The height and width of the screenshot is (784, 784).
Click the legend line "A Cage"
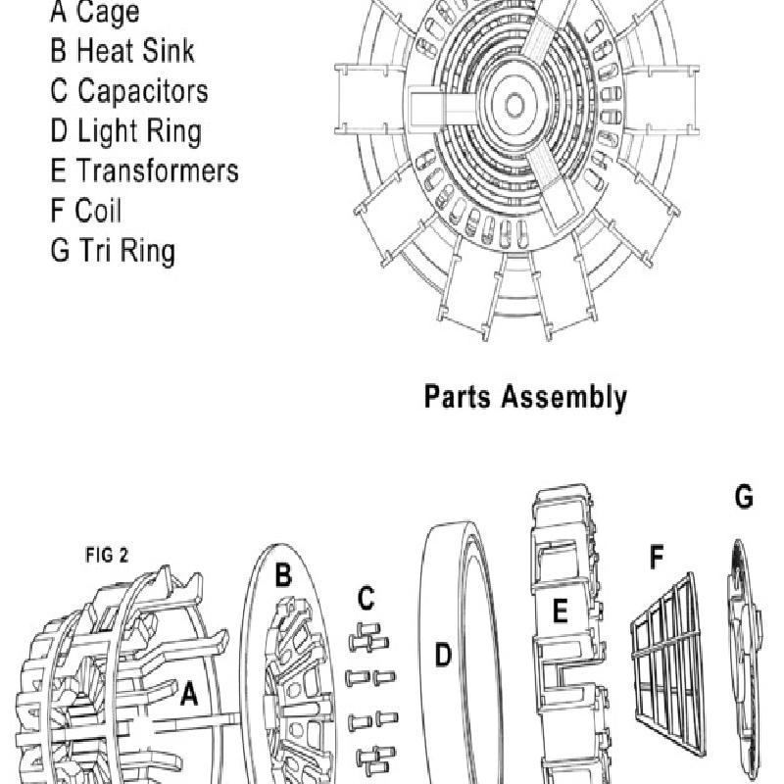(x=94, y=13)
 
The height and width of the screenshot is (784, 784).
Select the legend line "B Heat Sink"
(x=122, y=50)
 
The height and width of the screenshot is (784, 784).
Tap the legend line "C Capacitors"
(x=129, y=91)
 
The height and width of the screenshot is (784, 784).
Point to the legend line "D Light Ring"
(x=125, y=131)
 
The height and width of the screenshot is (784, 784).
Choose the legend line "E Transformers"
(x=144, y=171)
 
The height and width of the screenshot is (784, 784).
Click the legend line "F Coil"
(x=86, y=211)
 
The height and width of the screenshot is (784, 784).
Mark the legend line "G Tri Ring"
(x=113, y=251)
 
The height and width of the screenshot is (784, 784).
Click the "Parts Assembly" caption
(x=524, y=397)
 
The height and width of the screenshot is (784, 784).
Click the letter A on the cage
(x=189, y=695)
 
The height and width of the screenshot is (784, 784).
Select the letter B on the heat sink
(x=282, y=576)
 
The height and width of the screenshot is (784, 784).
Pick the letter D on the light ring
(x=443, y=655)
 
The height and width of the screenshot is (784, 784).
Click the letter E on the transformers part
(x=560, y=612)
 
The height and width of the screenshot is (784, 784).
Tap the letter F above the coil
(x=657, y=558)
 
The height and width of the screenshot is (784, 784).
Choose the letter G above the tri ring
(x=744, y=498)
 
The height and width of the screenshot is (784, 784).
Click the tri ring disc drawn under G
(x=749, y=657)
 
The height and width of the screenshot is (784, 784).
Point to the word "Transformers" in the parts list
(x=158, y=171)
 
